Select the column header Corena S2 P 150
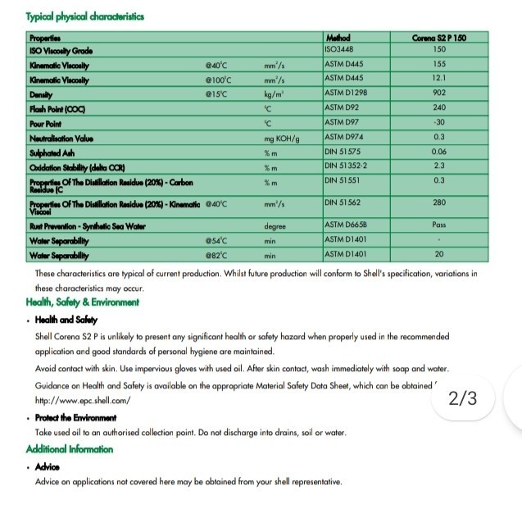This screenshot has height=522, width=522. (439, 38)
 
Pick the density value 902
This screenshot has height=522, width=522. (439, 93)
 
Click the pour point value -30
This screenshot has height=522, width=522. (439, 122)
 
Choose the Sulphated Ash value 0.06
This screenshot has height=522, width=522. (439, 152)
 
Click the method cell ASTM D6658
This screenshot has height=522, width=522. (346, 225)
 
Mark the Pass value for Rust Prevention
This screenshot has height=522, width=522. (439, 225)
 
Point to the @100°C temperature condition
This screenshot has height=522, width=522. (219, 79)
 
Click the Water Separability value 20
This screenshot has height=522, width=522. (439, 255)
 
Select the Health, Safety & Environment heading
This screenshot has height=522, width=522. (82, 302)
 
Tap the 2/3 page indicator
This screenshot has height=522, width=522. (463, 399)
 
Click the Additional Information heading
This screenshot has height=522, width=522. (70, 449)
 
